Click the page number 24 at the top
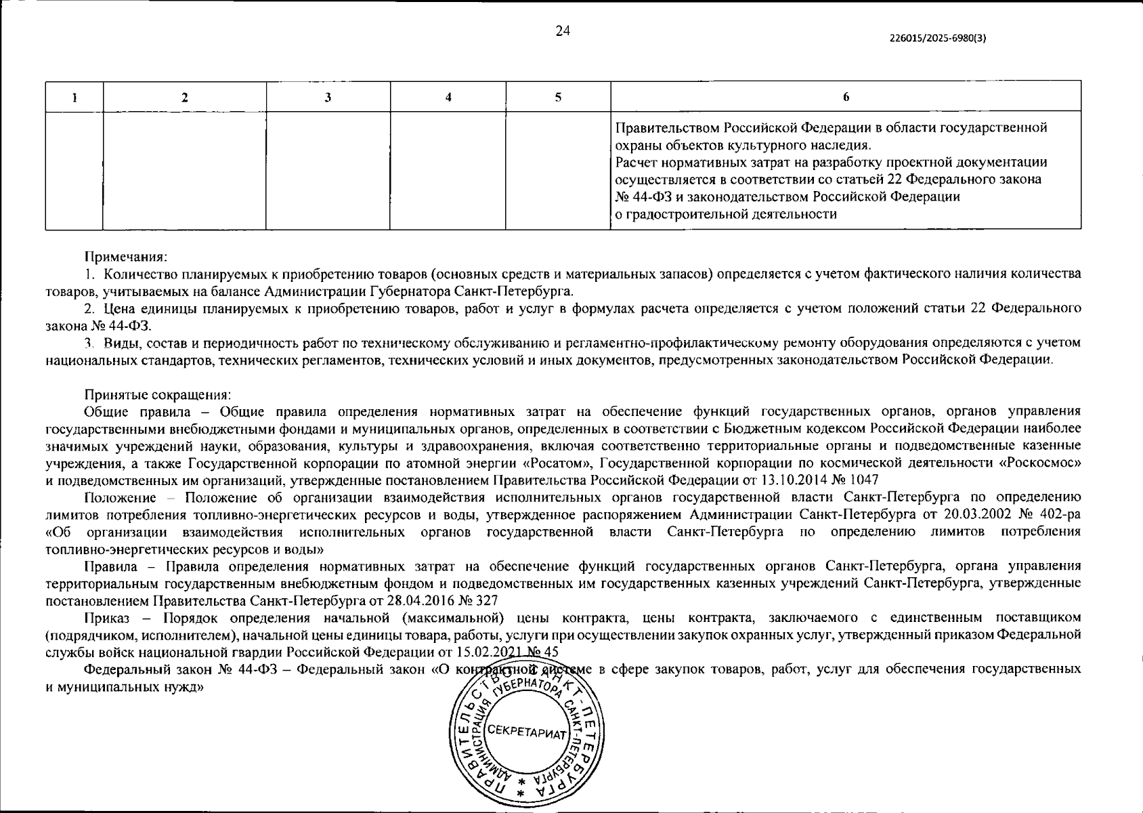pos(563,30)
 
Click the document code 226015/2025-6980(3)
pos(937,39)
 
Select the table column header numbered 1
pos(74,97)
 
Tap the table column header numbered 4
pos(448,97)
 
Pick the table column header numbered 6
pos(846,97)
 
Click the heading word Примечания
pos(125,257)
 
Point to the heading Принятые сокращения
pos(157,394)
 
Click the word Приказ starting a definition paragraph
pos(109,618)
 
